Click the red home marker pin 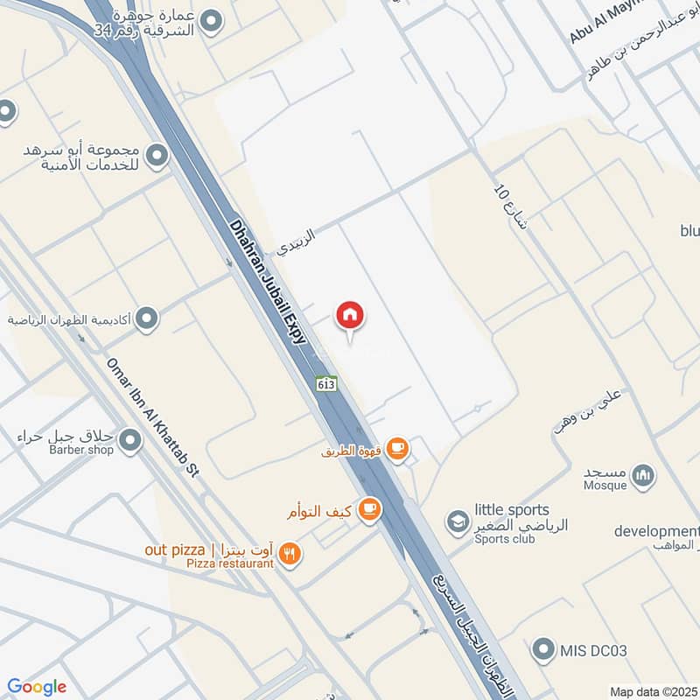(x=351, y=315)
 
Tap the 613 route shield (x=326, y=383)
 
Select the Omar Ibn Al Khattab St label (x=152, y=416)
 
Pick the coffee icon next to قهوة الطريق (x=397, y=449)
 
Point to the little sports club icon (x=456, y=522)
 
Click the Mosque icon (x=644, y=475)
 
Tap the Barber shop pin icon (x=130, y=441)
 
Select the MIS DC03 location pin (x=545, y=649)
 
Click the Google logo (x=37, y=687)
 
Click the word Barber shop (x=81, y=451)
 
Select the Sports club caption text (x=504, y=539)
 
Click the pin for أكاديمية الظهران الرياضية (x=147, y=318)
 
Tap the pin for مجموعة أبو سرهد (x=157, y=156)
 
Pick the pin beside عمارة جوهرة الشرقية (x=210, y=18)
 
